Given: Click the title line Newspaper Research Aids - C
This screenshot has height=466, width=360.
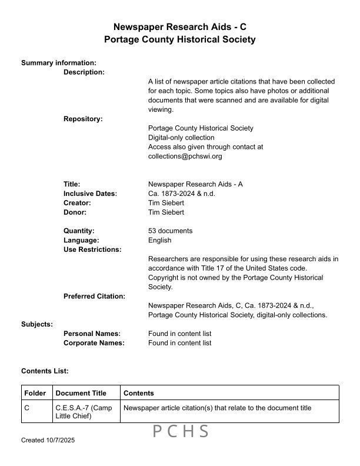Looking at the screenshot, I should click(179, 27).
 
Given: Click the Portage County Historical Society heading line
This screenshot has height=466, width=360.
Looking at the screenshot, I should click(179, 39).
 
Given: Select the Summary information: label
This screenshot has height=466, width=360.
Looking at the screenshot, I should click(59, 62).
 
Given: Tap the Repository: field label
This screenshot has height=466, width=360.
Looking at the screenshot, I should click(83, 119).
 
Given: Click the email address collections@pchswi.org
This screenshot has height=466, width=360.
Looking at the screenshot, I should click(185, 157).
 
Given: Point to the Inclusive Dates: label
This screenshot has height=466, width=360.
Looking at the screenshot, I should click(90, 194).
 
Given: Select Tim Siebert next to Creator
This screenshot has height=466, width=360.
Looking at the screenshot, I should click(166, 203).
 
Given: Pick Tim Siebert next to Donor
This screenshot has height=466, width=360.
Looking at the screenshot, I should click(166, 212).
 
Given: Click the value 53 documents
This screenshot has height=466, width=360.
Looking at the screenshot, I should click(170, 231).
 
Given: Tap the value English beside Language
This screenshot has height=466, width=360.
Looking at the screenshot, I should click(159, 240).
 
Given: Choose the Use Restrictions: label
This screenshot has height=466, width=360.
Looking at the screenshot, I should click(92, 249).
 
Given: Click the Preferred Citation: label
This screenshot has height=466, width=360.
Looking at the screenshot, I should click(94, 296).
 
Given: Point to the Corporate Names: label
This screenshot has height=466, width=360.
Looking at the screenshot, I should click(94, 343).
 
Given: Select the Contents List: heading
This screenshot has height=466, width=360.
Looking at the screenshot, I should click(45, 371).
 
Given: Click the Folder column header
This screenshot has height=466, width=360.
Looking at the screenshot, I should click(35, 393).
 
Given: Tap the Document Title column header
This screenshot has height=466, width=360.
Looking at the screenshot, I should click(81, 393).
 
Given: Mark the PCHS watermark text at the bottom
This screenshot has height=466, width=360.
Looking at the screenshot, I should click(181, 432).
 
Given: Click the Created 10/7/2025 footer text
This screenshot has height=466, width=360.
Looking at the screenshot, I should click(48, 440).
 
